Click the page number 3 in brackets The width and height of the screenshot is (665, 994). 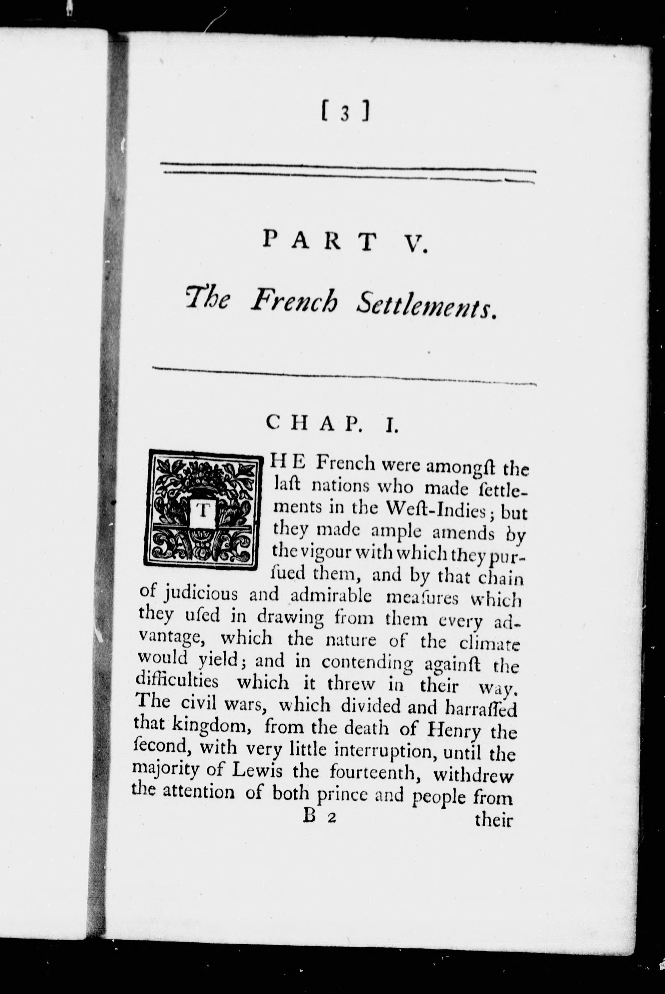point(346,114)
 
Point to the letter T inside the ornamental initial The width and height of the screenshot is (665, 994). point(203,512)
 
